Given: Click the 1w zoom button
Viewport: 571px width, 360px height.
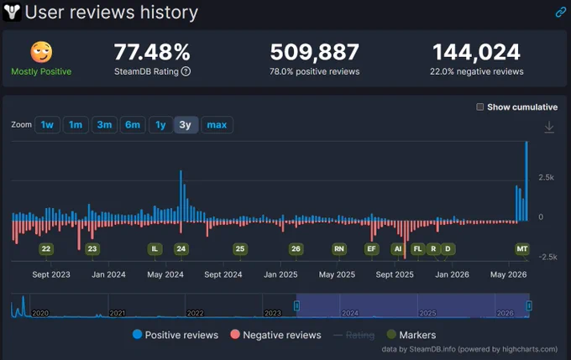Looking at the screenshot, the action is click(x=47, y=125).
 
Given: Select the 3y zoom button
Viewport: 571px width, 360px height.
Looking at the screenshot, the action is click(x=186, y=125).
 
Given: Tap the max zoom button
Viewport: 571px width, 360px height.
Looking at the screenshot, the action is click(x=217, y=125).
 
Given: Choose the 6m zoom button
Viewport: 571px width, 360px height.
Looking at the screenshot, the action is click(x=133, y=125).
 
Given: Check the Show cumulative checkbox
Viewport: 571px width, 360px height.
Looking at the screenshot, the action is click(x=480, y=107).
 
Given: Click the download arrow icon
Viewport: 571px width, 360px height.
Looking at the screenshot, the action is click(x=549, y=127).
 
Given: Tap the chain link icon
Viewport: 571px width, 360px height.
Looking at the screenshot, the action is click(x=560, y=13).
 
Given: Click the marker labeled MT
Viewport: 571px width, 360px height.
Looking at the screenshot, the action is click(x=521, y=249).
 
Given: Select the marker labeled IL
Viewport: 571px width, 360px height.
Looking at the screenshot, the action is click(x=155, y=249).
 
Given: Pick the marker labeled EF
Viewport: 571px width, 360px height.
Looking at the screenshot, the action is click(x=371, y=249).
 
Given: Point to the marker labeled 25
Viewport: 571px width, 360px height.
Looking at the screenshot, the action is click(x=240, y=249).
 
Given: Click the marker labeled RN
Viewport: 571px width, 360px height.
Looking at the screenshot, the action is click(x=339, y=249).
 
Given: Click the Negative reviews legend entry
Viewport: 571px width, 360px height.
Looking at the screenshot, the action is click(x=275, y=335).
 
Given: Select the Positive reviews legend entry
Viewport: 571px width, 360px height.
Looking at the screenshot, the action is click(x=175, y=335).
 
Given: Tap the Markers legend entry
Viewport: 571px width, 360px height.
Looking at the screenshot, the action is click(x=411, y=335).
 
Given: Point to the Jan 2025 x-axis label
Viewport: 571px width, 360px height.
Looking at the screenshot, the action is click(x=280, y=274).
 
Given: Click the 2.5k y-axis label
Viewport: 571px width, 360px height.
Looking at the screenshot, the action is click(x=547, y=177).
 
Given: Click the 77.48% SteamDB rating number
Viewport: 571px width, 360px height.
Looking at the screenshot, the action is click(x=152, y=52).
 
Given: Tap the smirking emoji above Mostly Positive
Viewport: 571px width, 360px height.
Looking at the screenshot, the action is click(x=41, y=52).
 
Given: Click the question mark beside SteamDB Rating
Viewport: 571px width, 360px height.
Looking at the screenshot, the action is click(x=186, y=71).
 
